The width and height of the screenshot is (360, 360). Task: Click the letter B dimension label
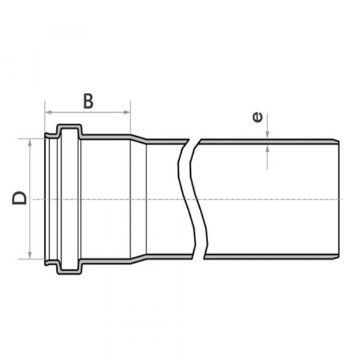click(x=88, y=101)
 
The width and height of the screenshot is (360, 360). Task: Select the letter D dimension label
click(x=20, y=198)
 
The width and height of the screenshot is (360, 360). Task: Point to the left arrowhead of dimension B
click(x=47, y=112)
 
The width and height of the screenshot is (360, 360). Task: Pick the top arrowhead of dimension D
click(x=28, y=142)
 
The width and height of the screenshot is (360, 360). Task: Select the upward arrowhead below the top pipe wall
click(x=268, y=148)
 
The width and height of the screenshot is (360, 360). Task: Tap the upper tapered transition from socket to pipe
click(x=139, y=139)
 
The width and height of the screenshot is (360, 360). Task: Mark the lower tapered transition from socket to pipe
click(x=139, y=259)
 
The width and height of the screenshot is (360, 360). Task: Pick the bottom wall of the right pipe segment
click(x=270, y=257)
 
